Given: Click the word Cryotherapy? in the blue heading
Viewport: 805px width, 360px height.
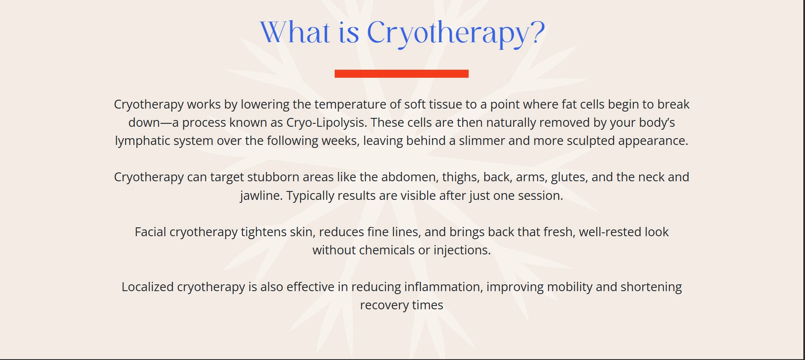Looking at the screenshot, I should tap(456, 33).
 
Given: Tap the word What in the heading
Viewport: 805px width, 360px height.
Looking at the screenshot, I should tap(295, 33).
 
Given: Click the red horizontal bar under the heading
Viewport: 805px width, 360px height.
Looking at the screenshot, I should tap(401, 74).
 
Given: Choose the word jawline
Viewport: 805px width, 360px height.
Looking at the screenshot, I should tap(261, 196).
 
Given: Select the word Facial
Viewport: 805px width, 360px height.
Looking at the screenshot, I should tap(150, 232).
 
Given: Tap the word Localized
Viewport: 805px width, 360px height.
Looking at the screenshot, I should tap(147, 287).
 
